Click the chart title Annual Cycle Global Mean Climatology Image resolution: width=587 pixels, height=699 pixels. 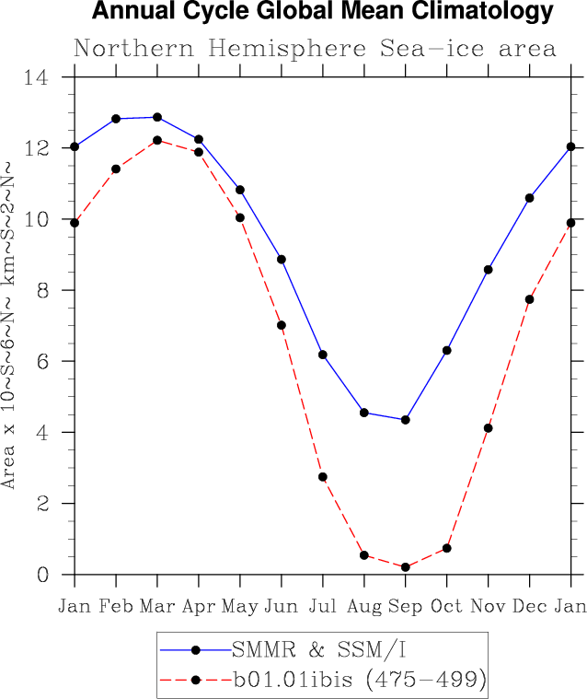(323, 13)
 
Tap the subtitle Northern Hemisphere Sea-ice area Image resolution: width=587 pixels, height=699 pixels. (315, 48)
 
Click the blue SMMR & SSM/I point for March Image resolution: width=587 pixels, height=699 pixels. (157, 117)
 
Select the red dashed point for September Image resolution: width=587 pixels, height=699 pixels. (406, 567)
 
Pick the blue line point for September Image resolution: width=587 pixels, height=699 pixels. (406, 420)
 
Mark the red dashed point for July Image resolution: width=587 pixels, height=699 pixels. (323, 477)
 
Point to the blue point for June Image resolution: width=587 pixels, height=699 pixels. (282, 260)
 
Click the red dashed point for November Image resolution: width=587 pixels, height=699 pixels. (489, 428)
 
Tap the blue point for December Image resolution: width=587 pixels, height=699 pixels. (530, 198)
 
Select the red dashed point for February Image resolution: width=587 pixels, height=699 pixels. (116, 169)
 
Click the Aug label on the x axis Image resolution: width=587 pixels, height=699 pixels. (364, 606)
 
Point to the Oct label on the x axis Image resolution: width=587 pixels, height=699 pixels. (447, 606)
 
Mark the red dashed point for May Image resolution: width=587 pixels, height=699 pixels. (240, 217)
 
